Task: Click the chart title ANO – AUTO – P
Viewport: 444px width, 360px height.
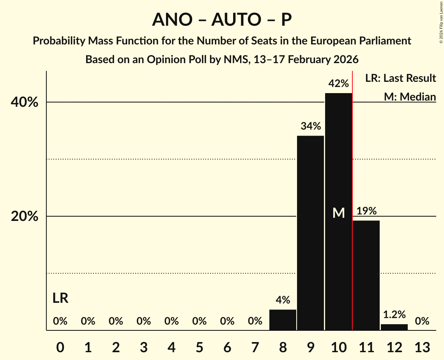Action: [x=222, y=19]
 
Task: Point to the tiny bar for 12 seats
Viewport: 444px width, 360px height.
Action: [x=394, y=327]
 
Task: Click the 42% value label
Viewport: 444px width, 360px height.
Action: [x=338, y=83]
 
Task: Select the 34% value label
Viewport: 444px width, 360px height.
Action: [x=310, y=126]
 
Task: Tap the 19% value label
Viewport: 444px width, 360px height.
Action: [x=366, y=211]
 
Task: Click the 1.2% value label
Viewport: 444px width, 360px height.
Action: [x=394, y=314]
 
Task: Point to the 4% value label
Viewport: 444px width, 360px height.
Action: [x=283, y=300]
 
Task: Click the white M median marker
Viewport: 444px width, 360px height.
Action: [x=339, y=213]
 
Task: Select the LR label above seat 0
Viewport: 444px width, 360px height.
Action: [x=60, y=298]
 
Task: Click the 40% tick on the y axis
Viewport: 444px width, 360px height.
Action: [x=25, y=102]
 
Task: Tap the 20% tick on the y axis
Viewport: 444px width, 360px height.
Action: [x=25, y=217]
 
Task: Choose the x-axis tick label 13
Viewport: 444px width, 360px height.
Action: [x=422, y=347]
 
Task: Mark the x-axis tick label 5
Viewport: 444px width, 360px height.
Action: [x=199, y=347]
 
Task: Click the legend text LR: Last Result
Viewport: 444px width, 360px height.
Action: [x=400, y=78]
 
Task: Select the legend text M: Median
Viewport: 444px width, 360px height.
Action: [x=410, y=97]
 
